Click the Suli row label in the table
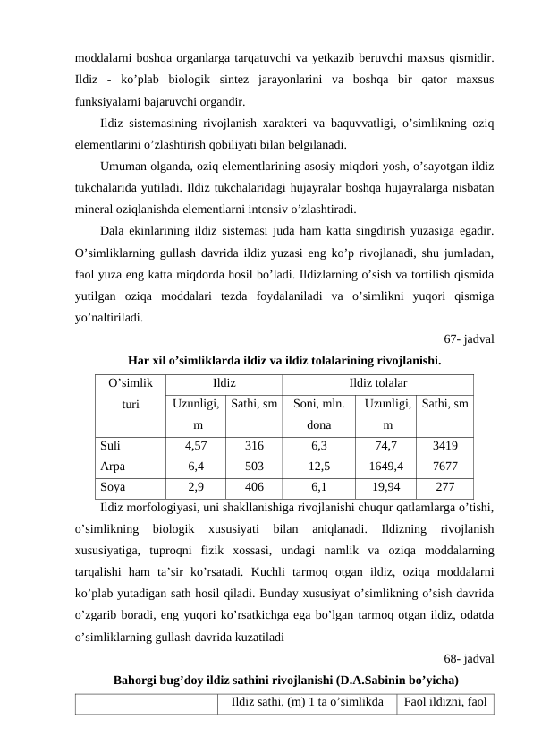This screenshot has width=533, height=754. pyautogui.click(x=111, y=444)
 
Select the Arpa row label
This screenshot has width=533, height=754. pyautogui.click(x=113, y=466)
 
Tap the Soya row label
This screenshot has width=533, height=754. pyautogui.click(x=113, y=487)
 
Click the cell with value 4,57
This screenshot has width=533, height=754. pyautogui.click(x=196, y=444)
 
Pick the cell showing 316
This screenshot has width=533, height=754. pyautogui.click(x=254, y=444)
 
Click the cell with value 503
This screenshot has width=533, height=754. pyautogui.click(x=254, y=466)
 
